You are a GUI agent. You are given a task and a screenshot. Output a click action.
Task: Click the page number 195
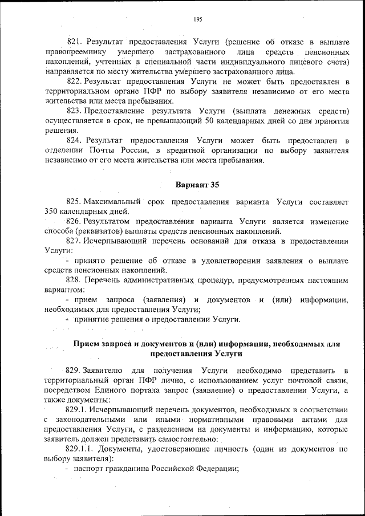coord(198,19)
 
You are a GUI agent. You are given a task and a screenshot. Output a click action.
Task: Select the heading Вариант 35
coord(197,185)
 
